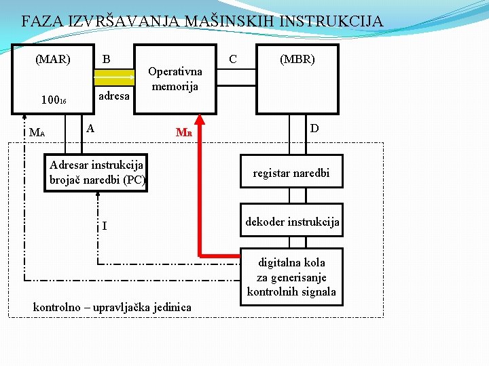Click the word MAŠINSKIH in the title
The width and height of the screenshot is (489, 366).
tap(225, 21)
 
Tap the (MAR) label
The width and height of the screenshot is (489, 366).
tap(53, 59)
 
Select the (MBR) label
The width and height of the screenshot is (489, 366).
tap(297, 59)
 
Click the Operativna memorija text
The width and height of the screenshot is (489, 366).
tap(175, 79)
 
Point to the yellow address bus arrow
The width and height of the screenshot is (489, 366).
tap(113, 77)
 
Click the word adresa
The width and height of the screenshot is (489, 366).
tap(113, 96)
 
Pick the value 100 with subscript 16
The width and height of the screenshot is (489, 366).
tap(52, 101)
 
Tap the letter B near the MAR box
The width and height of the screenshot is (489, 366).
tap(106, 59)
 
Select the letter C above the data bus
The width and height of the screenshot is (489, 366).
tap(233, 59)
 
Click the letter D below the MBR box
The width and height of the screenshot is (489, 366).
tap(314, 128)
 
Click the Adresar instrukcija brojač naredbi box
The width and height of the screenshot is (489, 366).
tap(96, 174)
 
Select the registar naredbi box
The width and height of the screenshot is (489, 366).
tap(291, 174)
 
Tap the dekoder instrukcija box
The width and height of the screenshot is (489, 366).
tap(291, 222)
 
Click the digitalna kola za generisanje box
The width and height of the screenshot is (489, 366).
tap(291, 277)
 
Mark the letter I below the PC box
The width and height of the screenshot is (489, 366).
tap(104, 225)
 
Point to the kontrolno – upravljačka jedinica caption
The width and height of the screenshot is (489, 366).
tap(112, 308)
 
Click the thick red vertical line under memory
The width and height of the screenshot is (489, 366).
tap(200, 183)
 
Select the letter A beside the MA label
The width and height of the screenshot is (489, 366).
tap(90, 128)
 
